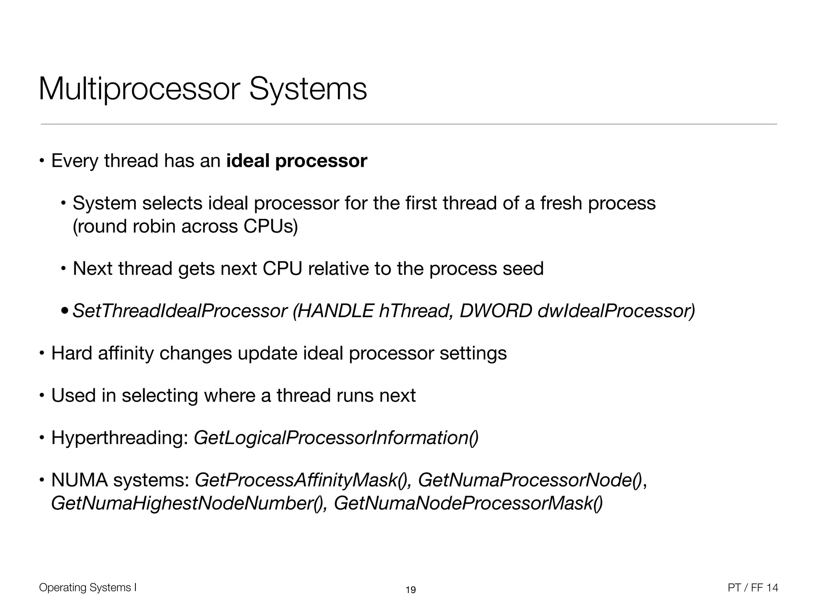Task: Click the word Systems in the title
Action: pos(308,90)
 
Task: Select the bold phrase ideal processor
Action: pos(296,161)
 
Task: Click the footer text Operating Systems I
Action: pos(88,587)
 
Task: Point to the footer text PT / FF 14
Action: pos(753,588)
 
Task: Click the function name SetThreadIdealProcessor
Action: pos(180,311)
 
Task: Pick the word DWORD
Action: pos(496,311)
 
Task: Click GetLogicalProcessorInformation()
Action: pos(336,438)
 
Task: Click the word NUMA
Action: pos(79,480)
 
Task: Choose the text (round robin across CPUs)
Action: pos(185,226)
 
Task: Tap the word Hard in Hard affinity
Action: pos(72,353)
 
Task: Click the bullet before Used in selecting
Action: pos(42,396)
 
